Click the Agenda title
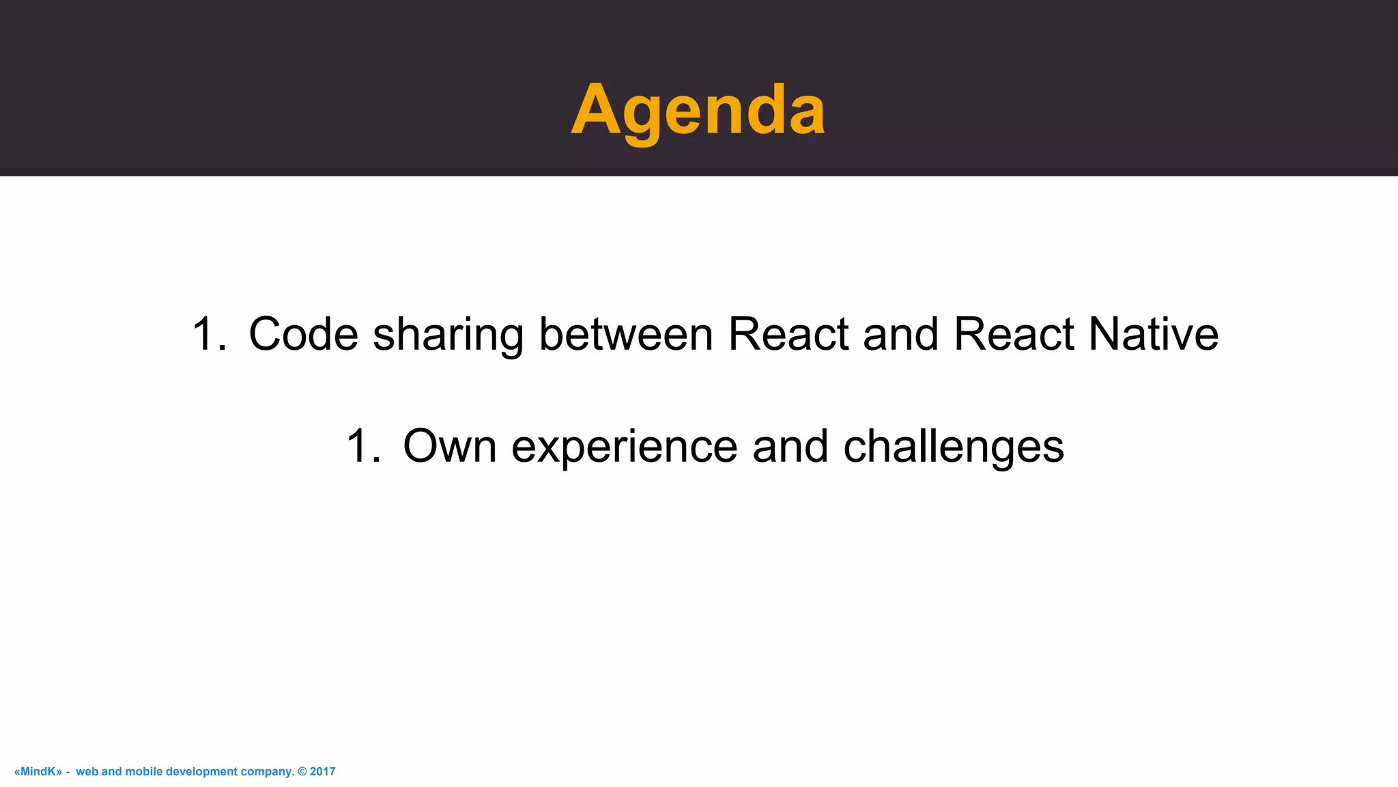698,110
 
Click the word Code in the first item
303,334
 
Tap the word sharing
448,334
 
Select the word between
625,334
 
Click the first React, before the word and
788,334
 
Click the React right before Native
1013,334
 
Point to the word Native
1153,334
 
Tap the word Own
449,446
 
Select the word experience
624,446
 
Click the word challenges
953,446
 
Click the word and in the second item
790,446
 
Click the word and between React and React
900,334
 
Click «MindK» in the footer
38,771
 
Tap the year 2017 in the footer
323,771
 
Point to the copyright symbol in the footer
302,771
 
